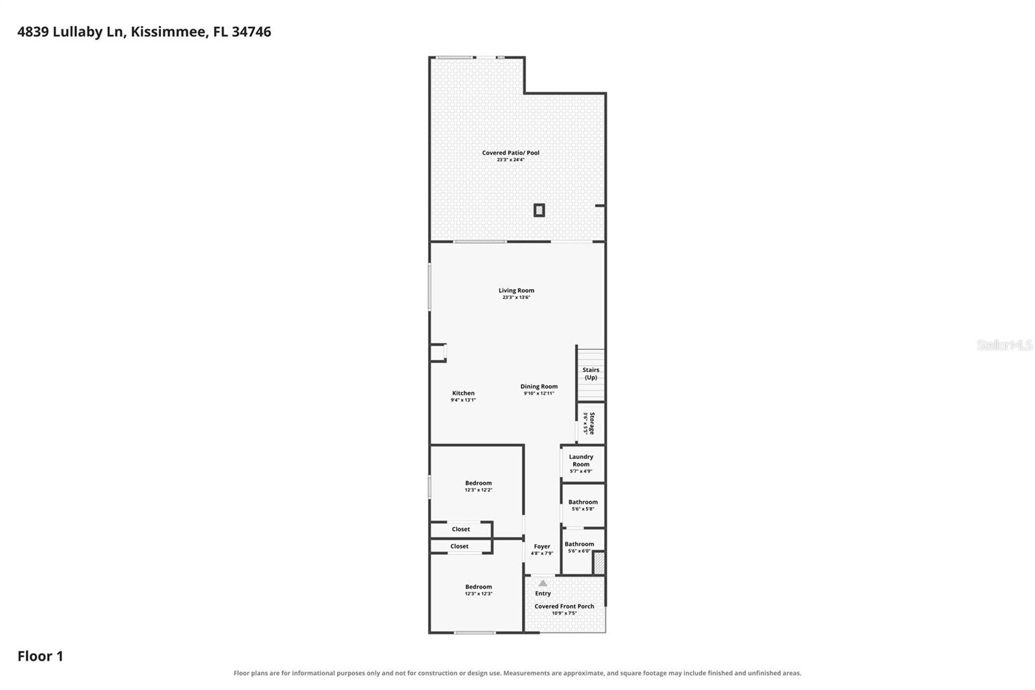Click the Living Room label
(516, 291)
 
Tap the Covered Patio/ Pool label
(510, 153)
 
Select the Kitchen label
(463, 393)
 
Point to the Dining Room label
(539, 386)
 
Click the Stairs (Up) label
(591, 373)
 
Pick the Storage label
(592, 423)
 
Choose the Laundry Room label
(581, 460)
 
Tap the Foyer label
(542, 546)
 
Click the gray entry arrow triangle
(543, 583)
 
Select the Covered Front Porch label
(564, 607)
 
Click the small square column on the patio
(539, 210)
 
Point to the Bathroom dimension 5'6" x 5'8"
(583, 509)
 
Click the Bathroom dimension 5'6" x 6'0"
(579, 551)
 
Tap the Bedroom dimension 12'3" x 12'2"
(478, 490)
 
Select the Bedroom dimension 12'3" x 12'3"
(478, 594)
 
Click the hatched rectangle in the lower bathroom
(599, 563)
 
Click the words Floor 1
(40, 656)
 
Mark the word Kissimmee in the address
(168, 32)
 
